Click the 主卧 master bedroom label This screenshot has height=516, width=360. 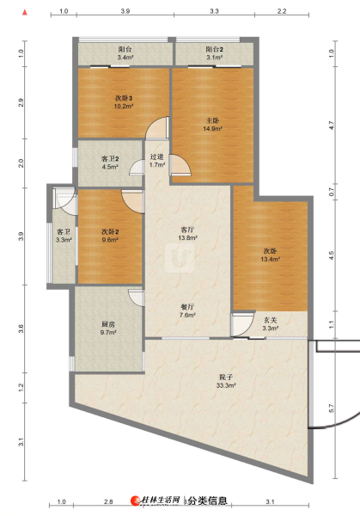coord(212,120)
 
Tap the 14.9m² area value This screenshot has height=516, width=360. coord(212,129)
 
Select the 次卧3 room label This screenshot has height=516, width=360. coord(124,98)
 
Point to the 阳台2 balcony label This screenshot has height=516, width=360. coord(214,49)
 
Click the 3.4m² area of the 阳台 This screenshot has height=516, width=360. coord(125,58)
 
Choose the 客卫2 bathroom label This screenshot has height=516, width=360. coord(110,158)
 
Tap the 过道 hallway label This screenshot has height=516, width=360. coord(157,157)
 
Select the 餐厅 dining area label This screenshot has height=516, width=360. coord(187,307)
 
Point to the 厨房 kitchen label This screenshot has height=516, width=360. coord(108,324)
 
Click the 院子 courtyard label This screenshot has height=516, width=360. coord(226,378)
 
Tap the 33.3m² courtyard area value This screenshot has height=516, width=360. coord(226,385)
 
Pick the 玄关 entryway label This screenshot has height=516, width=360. coord(271,320)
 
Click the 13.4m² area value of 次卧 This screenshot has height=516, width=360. coord(271,260)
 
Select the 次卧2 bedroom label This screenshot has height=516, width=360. coord(110,232)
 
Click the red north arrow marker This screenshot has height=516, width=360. coord(25,13)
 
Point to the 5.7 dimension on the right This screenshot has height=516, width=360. coord(331,408)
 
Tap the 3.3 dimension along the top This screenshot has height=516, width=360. coord(214,11)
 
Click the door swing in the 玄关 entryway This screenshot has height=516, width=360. coord(243,325)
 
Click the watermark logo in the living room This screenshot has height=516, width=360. coord(180,258)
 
